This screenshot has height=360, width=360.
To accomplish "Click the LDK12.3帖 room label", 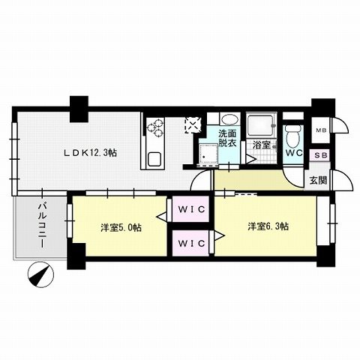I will [89, 153].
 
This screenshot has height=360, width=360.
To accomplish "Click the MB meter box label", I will [320, 130].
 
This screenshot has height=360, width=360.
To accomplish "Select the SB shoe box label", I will [320, 155].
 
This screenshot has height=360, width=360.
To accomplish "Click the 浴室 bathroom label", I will [261, 144].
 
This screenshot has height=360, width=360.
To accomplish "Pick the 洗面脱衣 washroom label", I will [226, 139].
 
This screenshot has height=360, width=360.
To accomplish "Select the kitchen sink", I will [154, 158].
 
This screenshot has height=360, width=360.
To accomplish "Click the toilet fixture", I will [293, 133].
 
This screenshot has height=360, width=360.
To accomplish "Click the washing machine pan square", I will [205, 154].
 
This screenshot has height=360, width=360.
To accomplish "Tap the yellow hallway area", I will [251, 179].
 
